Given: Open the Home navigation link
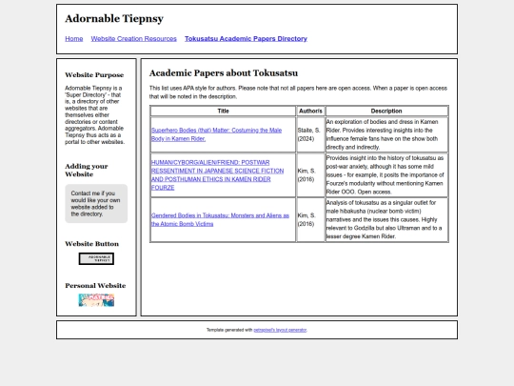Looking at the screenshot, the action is [74, 39].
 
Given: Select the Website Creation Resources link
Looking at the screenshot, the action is [134, 39].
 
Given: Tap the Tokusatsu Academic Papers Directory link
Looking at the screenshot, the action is [246, 39].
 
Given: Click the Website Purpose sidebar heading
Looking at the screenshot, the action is [94, 74].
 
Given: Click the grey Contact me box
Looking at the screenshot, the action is [96, 203].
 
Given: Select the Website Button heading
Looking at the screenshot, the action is [91, 244].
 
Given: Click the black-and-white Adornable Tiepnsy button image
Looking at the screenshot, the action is [96, 259].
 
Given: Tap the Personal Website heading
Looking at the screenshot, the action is [95, 285].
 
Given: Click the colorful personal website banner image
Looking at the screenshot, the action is [96, 300].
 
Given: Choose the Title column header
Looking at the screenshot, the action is [223, 112].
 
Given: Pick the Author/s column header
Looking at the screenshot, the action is [310, 112].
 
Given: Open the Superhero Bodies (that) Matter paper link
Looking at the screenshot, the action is [216, 134].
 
